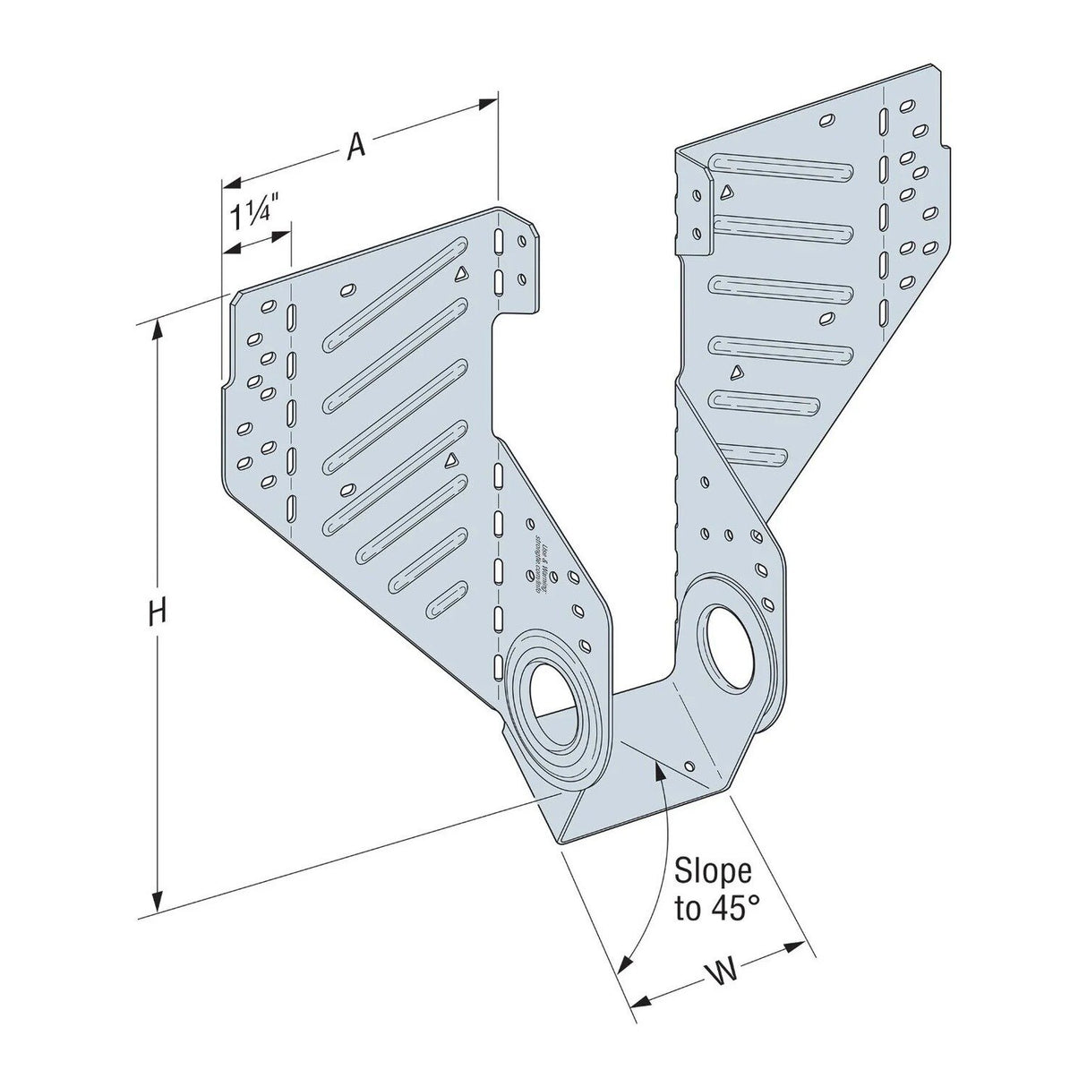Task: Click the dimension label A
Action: click(x=357, y=144)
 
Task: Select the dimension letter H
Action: click(x=157, y=613)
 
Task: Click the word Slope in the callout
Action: click(x=712, y=871)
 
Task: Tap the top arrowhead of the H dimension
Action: click(x=159, y=330)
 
